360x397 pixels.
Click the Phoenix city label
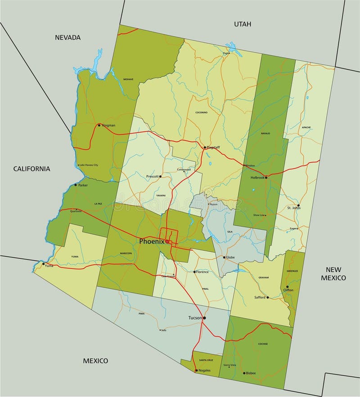point(152,241)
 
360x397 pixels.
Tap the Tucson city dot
point(204,318)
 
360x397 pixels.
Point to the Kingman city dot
point(99,125)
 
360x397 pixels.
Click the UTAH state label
point(242,24)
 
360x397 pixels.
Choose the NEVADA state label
point(67,37)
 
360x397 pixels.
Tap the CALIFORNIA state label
point(31,169)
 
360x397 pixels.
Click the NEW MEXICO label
point(333,273)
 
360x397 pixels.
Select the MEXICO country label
point(95,361)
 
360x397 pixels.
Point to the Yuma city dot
point(44,265)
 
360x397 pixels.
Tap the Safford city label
point(260,298)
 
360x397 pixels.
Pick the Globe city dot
point(224,257)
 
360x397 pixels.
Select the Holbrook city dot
point(266,178)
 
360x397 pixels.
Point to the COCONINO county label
point(201,112)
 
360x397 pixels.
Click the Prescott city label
point(153,176)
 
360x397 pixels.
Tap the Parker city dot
point(76,185)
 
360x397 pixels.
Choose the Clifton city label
point(288,290)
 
